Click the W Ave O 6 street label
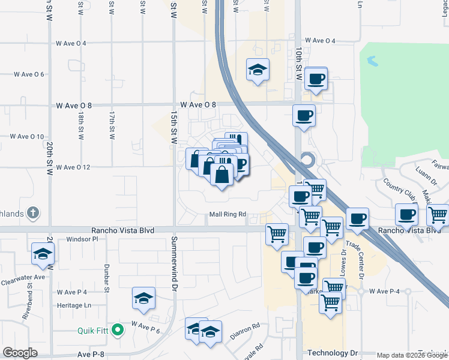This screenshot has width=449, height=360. [29, 74]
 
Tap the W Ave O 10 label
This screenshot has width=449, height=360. [27, 136]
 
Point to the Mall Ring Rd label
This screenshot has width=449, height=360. [228, 214]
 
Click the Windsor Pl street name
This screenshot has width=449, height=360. [82, 239]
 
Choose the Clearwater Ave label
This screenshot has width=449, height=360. [23, 277]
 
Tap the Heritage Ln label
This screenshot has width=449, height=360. [70, 305]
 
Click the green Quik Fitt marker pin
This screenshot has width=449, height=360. [119, 329]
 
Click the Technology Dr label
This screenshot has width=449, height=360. [332, 353]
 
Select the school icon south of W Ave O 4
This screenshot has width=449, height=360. [258, 70]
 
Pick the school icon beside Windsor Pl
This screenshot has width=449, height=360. [43, 254]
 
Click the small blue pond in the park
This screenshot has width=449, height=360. [372, 61]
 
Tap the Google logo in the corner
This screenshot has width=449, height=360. [20, 353]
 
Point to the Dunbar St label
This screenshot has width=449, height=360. [105, 279]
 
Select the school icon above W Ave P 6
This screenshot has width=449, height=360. [143, 298]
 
